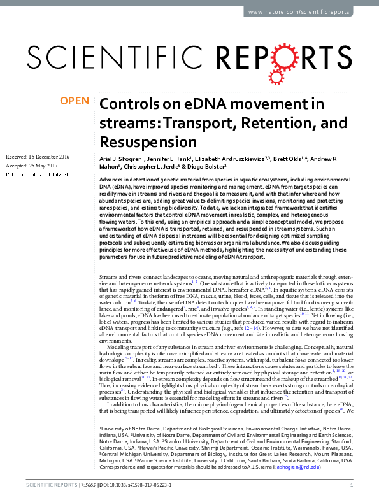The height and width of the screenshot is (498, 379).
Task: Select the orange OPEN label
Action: [x=74, y=101]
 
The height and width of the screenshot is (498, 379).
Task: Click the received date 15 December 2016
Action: [x=53, y=157]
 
